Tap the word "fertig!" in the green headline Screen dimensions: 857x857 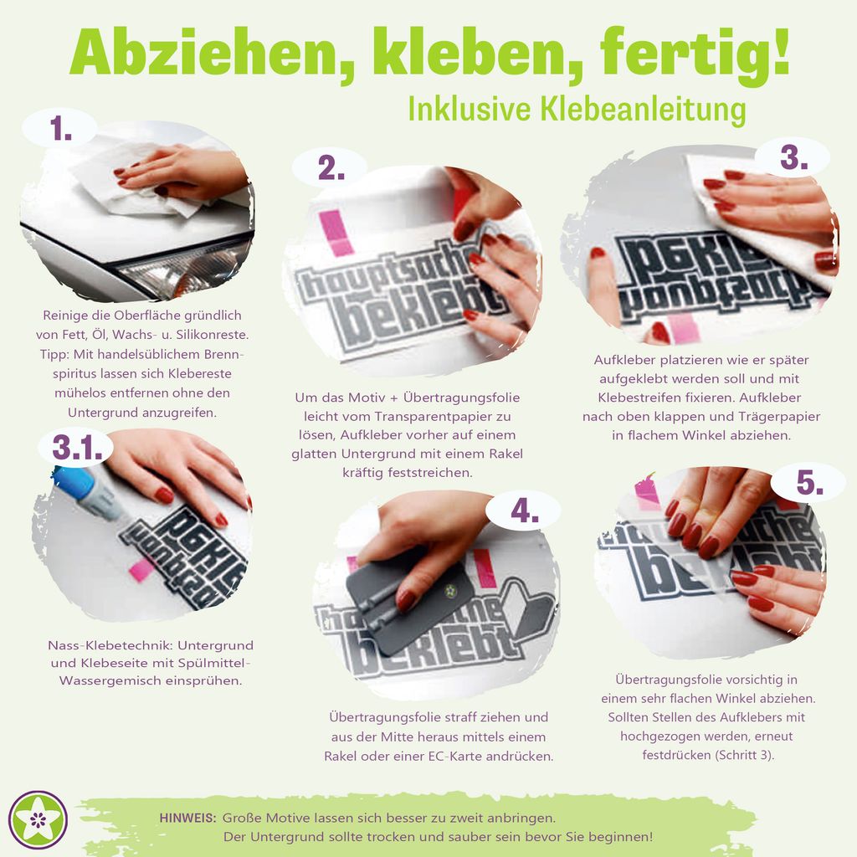(695, 53)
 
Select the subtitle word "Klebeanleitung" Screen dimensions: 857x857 (643, 110)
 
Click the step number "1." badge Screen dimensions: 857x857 (60, 130)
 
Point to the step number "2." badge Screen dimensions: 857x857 (331, 167)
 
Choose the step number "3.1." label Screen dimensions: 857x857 (77, 449)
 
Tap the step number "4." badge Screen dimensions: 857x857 (525, 511)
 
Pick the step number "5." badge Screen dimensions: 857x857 (809, 482)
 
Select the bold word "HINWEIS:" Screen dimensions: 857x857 (188, 819)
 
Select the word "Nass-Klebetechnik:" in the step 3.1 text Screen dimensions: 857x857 (111, 645)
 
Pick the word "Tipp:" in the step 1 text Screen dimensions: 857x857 (54, 354)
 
